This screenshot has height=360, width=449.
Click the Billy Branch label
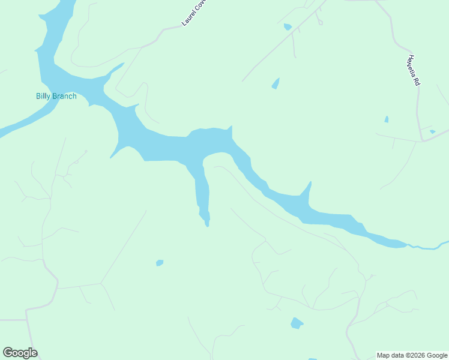coord(56,96)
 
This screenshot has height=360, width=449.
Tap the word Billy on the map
coord(44,96)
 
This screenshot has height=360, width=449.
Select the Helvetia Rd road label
coord(412,71)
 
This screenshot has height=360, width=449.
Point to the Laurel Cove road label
coord(194,13)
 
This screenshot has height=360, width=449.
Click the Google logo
coord(20,353)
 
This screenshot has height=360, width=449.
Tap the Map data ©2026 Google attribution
coord(412,355)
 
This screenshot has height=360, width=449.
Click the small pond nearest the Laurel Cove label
coord(288,27)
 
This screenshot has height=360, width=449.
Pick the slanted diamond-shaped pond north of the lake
coord(276,83)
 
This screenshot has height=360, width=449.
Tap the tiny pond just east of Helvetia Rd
coord(432,131)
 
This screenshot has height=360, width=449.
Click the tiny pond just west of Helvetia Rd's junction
coord(387,119)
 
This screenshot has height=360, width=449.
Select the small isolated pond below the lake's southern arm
coord(160,262)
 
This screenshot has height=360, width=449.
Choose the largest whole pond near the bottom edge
coord(297,323)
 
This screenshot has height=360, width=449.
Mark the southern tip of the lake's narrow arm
coord(207,223)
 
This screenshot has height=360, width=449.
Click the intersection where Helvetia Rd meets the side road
coord(423,142)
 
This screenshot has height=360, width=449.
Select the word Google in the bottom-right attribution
coord(437,355)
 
